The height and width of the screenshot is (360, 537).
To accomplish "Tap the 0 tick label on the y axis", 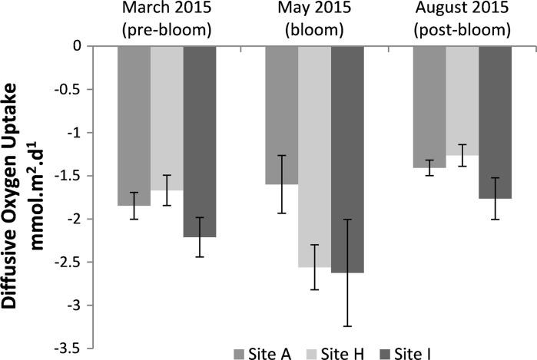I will click(78, 46).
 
